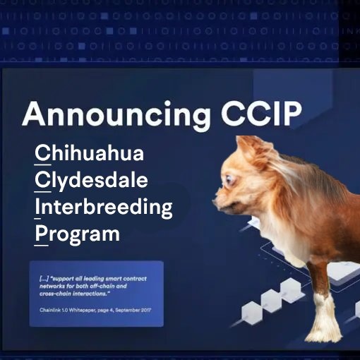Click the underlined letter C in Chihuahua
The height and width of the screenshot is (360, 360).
pos(42,152)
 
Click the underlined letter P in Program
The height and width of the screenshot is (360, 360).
pos(41,234)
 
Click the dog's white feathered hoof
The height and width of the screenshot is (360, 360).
pos(326,322)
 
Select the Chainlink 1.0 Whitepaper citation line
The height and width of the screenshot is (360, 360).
pos(95,310)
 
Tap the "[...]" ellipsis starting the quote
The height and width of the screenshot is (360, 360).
pos(44,279)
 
